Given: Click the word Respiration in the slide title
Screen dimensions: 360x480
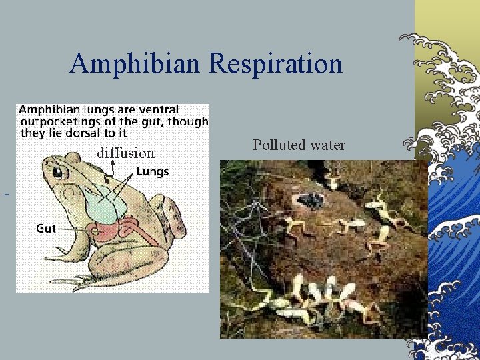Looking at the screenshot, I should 275,64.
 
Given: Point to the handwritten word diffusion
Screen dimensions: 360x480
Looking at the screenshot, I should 125,153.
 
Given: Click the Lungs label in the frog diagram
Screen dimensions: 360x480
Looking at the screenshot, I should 153,171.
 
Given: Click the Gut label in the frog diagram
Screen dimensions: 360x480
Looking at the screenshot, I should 45,229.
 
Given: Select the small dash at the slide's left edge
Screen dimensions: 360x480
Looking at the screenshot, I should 6,195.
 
